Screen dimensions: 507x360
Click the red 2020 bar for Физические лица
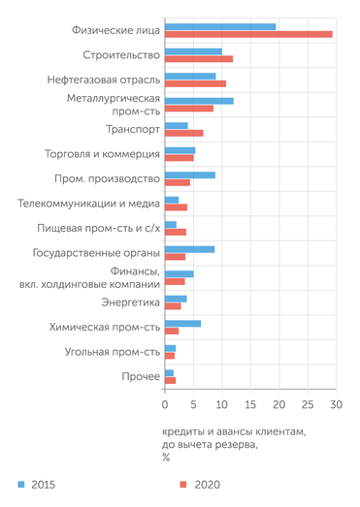click(x=248, y=34)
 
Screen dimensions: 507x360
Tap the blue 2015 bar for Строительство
click(x=193, y=51)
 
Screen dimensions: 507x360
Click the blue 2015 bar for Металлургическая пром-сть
click(x=199, y=101)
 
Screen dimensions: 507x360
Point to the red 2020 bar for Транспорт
click(x=183, y=133)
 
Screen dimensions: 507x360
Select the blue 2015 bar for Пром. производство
click(x=189, y=175)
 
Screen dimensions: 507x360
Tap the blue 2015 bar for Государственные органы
click(x=189, y=249)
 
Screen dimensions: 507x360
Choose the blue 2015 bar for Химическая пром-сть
click(x=182, y=324)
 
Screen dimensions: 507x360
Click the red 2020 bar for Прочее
click(x=170, y=381)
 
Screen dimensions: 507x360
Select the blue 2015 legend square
click(x=20, y=482)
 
